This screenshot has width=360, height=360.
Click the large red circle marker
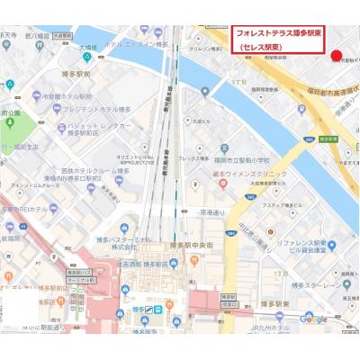point(337,56)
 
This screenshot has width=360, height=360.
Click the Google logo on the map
point(313,319)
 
